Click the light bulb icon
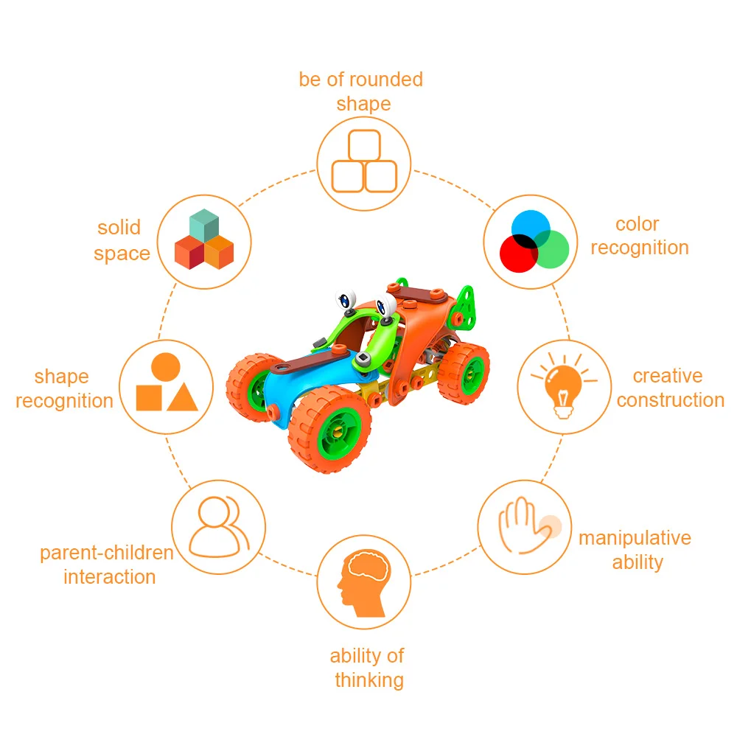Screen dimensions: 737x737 coord(562,385)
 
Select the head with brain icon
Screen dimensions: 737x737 coord(363,583)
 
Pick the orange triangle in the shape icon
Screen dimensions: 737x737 coord(182,398)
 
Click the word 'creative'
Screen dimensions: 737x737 coord(668,376)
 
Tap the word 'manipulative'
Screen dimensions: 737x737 coord(635,538)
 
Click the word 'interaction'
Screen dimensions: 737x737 coord(110,576)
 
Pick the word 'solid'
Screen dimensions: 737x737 coord(119,228)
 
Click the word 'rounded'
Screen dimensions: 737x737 coord(386,80)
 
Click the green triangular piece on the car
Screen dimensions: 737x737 coord(464,302)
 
